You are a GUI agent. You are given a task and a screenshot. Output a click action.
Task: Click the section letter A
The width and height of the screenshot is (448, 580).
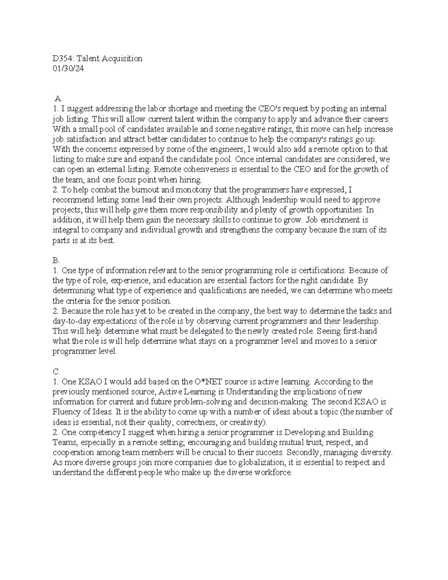tap(57, 99)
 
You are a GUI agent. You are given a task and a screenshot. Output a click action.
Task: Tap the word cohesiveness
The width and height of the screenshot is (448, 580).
tap(212, 169)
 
